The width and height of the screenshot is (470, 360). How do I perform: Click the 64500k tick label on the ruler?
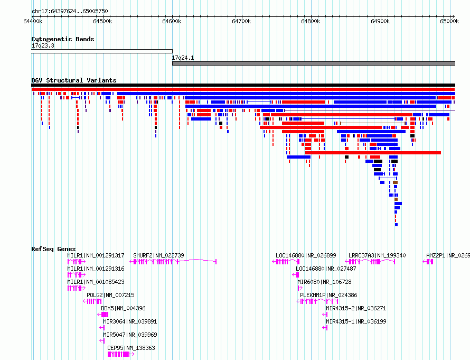pos(102,21)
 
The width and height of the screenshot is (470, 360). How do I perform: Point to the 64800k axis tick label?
pos(311,21)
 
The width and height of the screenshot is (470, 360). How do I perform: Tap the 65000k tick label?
pos(449,21)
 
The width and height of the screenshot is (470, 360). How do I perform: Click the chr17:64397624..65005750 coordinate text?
pos(70,11)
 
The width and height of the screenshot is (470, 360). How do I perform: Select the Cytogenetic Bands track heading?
pos(63,39)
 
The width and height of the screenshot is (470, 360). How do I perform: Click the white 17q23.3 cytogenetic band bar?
pos(102,51)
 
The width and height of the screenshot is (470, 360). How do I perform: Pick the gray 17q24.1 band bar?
pos(314,63)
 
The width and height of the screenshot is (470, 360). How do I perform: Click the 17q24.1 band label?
pos(183,58)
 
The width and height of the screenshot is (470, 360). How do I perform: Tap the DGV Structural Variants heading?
pos(74,80)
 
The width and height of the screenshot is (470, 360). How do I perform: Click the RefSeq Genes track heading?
pos(53,249)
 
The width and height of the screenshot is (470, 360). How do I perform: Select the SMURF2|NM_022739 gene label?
pos(158,255)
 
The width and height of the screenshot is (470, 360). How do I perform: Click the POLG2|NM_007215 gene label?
pos(110,295)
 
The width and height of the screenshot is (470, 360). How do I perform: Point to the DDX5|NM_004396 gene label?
pos(123,308)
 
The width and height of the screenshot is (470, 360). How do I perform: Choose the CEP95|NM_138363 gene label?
pos(131,348)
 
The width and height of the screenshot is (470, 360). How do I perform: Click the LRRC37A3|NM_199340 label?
pos(377,255)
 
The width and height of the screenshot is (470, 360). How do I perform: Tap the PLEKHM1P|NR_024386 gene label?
pos(328,295)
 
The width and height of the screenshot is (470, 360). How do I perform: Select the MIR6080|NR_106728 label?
pos(324,282)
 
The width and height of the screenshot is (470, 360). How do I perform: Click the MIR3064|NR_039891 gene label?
pos(130,321)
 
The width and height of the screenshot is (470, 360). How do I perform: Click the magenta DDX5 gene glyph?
pos(103,315)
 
